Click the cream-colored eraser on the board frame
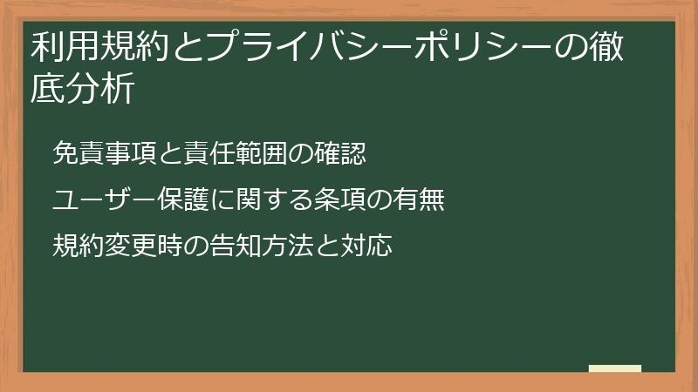(615, 369)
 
